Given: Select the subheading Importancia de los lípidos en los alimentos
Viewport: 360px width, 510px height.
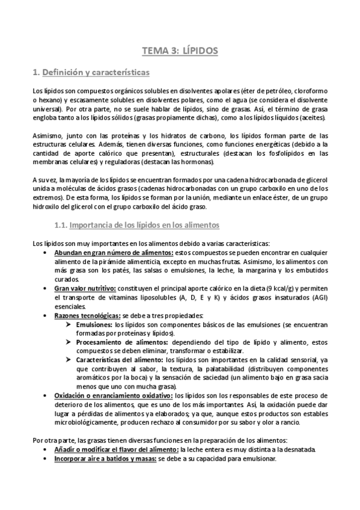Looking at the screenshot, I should click(x=144, y=225).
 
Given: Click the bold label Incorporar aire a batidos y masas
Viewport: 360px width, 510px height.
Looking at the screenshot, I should click(x=105, y=458).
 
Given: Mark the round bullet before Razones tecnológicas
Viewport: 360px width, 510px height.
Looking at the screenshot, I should click(x=47, y=316).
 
